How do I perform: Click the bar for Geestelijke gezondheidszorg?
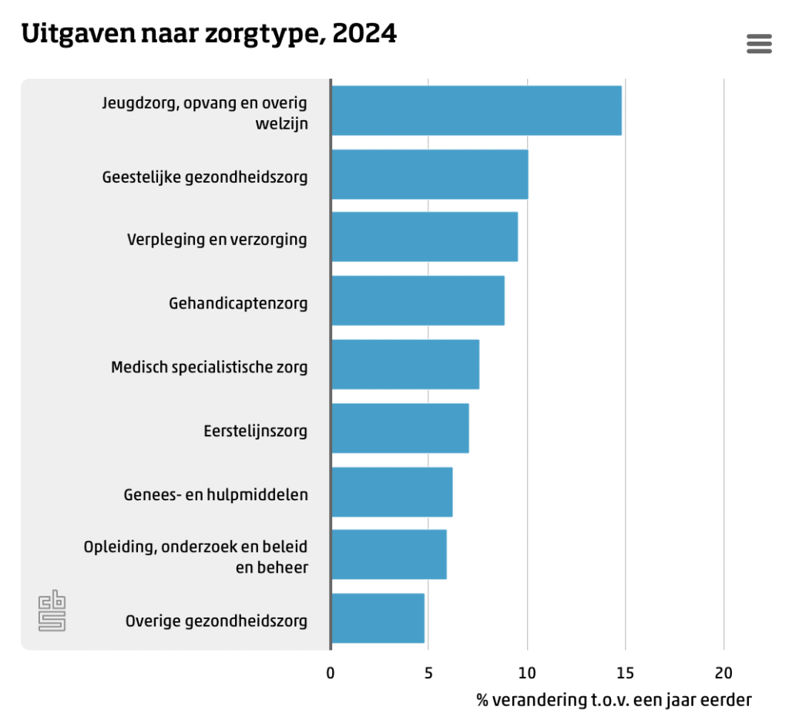coord(429,174)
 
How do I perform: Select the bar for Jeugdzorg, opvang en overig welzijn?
coord(475,110)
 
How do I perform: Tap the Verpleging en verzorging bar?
coord(424,237)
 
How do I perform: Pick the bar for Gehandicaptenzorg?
coord(418,301)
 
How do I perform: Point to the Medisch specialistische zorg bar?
coord(405,364)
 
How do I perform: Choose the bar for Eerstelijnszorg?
coord(399,428)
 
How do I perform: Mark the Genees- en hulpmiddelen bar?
coord(391,492)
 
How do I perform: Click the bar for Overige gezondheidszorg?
coord(378,618)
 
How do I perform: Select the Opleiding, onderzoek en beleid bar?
coord(388,555)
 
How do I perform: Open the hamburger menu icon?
coord(759,44)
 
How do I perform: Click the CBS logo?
coord(52,611)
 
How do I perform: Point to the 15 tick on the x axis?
coord(625,673)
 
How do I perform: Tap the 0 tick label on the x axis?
coord(331,673)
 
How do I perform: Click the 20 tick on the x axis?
coord(724,673)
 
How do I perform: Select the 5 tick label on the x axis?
coord(428,673)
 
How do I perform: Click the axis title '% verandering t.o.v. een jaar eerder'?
coord(613,700)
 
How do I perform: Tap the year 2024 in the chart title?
coord(364,34)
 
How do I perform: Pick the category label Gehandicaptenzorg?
coord(238,303)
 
